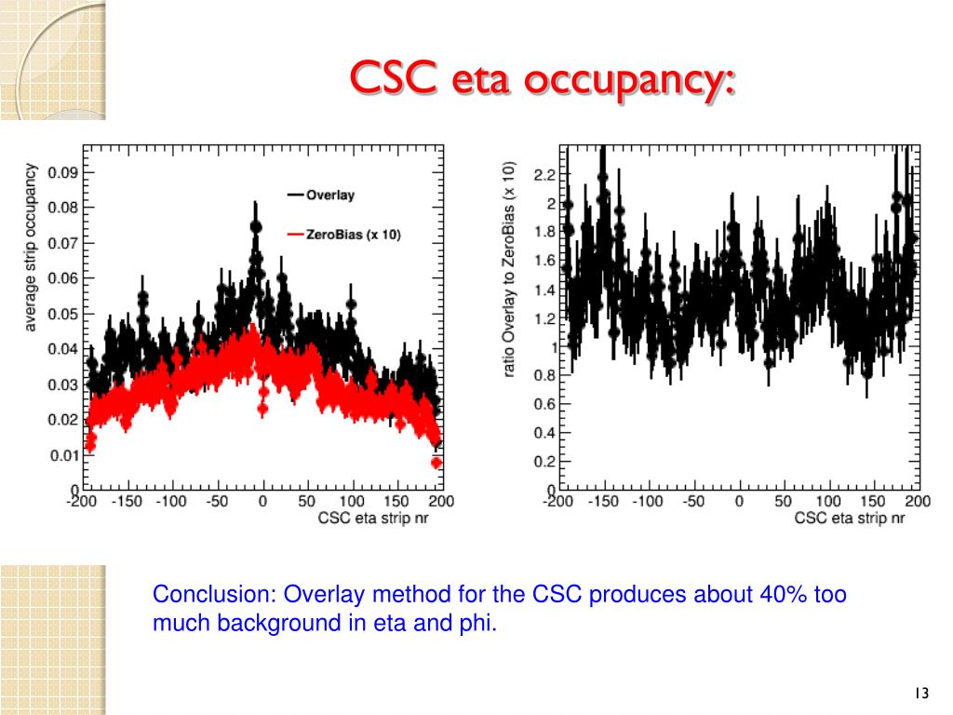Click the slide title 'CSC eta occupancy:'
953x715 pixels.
(x=542, y=78)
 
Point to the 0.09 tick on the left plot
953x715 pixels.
(x=64, y=172)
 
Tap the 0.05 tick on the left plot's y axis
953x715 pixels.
(x=64, y=314)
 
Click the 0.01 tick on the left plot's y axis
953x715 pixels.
(x=64, y=454)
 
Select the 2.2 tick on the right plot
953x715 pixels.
(x=544, y=174)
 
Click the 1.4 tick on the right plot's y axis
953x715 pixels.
(x=544, y=290)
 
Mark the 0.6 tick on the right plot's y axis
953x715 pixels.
(x=544, y=404)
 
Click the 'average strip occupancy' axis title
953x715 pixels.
(x=32, y=247)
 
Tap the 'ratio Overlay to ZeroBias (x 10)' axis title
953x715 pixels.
(x=509, y=269)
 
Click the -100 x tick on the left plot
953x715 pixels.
(x=171, y=502)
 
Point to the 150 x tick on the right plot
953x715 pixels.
(x=873, y=502)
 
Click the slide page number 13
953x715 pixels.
(x=921, y=694)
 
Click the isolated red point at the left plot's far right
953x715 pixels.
(x=436, y=463)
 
